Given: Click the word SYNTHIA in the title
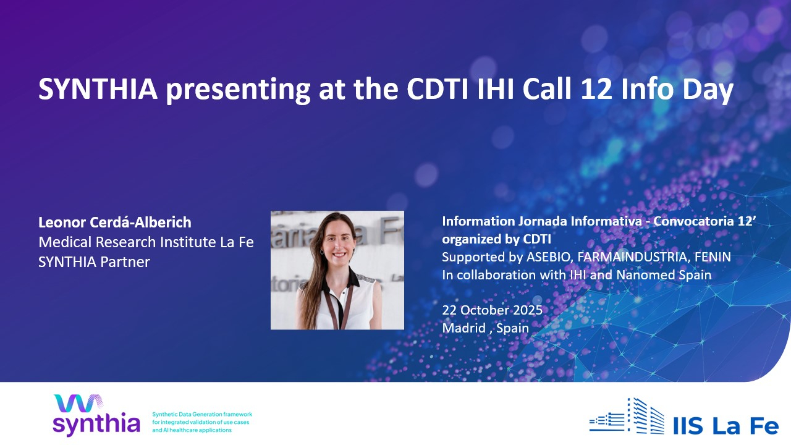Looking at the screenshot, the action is click(98, 89).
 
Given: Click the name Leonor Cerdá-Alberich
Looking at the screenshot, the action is click(115, 222).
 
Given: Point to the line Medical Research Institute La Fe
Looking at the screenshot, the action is click(146, 242).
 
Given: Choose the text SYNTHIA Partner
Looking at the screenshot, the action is click(94, 262).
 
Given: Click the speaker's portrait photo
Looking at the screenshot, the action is click(337, 270).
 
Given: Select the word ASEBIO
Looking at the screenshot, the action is click(548, 257).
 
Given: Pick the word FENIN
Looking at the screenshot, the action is click(713, 257).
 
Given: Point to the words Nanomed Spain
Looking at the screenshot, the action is click(664, 275).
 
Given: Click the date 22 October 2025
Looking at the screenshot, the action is click(493, 310).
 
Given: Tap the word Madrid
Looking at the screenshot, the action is click(463, 328).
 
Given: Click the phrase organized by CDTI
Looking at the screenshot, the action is click(496, 239).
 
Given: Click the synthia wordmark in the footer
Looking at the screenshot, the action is click(96, 424).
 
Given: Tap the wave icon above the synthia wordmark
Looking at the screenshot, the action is click(78, 403).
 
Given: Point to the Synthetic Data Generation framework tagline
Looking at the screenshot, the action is click(202, 422).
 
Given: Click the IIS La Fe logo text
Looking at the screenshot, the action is click(725, 426).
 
